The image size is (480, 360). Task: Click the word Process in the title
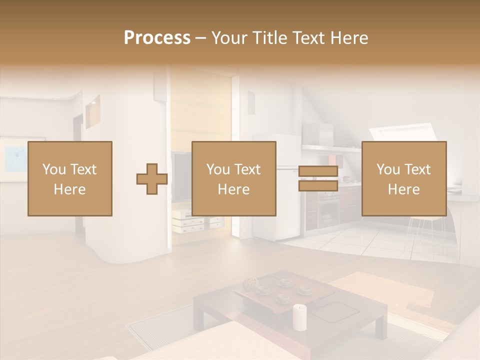tap(157, 38)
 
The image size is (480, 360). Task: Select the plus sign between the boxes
tap(152, 179)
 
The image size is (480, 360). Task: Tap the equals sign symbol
tap(318, 179)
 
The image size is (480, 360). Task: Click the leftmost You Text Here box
tap(70, 179)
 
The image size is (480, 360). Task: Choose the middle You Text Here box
tap(234, 179)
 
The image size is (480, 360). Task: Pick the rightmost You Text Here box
tap(404, 179)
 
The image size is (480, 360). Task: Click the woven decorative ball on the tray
tap(249, 285)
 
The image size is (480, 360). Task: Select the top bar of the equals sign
tap(318, 171)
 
